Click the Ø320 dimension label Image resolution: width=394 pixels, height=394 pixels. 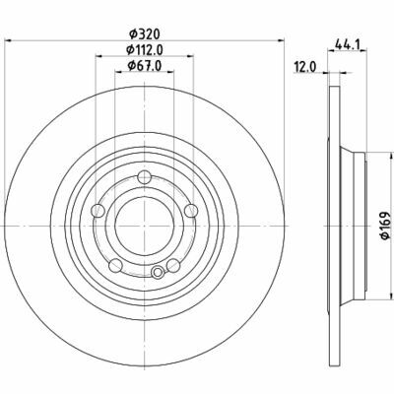coord(145,33)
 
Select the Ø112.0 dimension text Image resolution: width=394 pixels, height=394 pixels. coord(145,50)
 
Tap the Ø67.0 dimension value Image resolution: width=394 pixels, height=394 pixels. coord(145,66)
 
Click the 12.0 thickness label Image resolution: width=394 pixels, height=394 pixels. coord(305,67)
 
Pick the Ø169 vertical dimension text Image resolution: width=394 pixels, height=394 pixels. coord(386,226)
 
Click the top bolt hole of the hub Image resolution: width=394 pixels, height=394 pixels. coord(144,177)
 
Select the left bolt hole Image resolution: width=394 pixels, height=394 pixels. coord(98,210)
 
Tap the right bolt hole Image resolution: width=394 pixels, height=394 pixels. coord(191,210)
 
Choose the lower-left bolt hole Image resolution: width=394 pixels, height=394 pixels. coord(115,265)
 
